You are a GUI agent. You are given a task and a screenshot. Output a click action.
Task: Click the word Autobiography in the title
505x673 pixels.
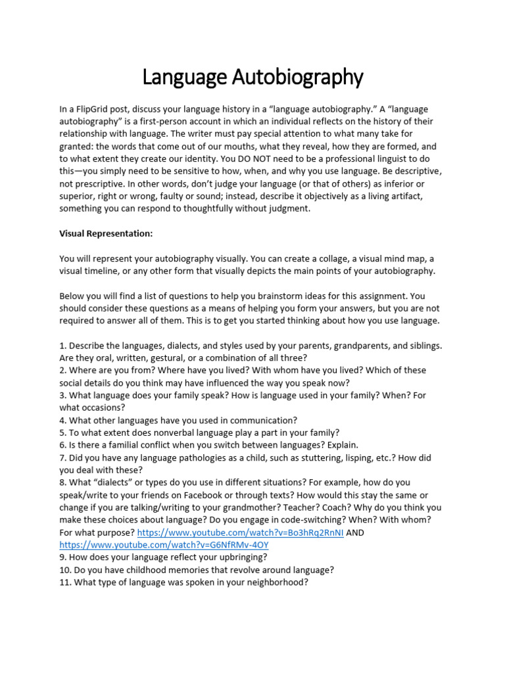[x=297, y=78]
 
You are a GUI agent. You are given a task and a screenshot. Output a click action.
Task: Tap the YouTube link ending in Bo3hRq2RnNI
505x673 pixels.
[x=240, y=532]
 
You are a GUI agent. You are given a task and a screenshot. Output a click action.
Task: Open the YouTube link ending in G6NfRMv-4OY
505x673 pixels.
[x=164, y=545]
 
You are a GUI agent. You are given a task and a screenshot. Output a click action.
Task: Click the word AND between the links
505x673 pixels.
[x=355, y=532]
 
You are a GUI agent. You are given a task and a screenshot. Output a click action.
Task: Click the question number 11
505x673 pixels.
[x=64, y=582]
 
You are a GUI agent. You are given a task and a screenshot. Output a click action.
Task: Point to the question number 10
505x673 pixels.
[x=64, y=570]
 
